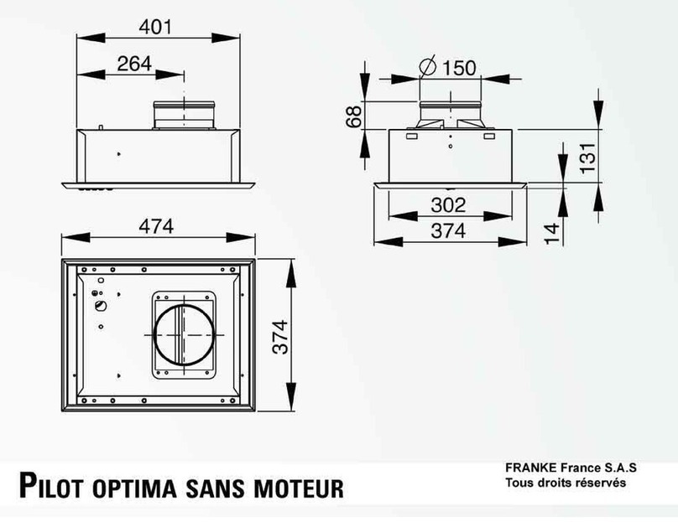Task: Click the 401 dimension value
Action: pyautogui.click(x=155, y=26)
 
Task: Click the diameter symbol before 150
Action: pyautogui.click(x=427, y=66)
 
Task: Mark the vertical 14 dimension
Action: pyautogui.click(x=550, y=231)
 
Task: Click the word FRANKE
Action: pyautogui.click(x=529, y=467)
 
